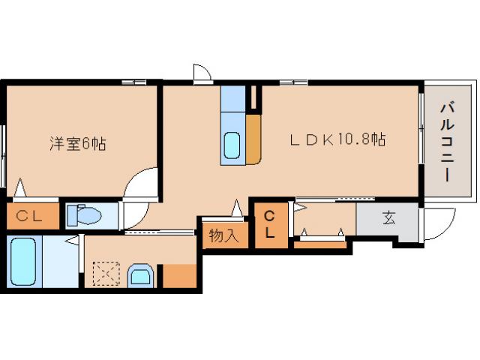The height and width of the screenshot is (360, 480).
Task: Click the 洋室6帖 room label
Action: pos(77,143)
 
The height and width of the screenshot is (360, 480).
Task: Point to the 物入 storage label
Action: pos(223,235)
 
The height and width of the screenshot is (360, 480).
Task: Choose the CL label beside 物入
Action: pos(269,224)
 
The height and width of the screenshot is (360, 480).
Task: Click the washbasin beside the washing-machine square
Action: pos(140,275)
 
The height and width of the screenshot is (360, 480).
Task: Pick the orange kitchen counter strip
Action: pos(253,138)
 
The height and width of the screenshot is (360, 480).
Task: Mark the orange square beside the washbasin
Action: pos(179,277)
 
